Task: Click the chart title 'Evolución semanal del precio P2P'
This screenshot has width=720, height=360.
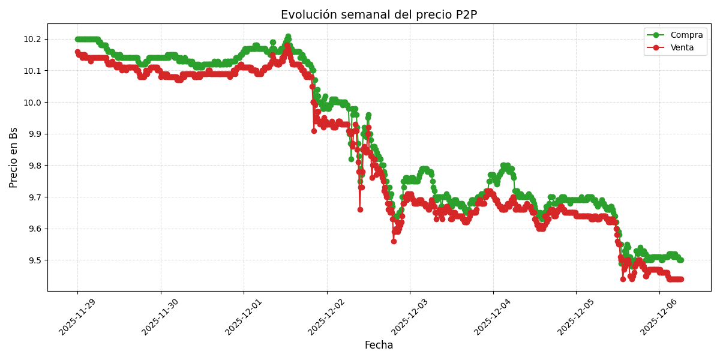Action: pos(379,15)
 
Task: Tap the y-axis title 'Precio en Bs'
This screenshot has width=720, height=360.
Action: pos(14,157)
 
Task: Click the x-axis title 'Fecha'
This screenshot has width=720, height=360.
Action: pos(379,345)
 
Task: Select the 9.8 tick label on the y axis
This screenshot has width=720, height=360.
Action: pos(33,166)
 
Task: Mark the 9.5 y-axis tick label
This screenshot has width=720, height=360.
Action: pos(33,260)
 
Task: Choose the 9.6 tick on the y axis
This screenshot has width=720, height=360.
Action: pos(33,229)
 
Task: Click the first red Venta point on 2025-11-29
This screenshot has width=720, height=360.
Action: pos(77,52)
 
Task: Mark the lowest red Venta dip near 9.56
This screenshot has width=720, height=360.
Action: pos(394,241)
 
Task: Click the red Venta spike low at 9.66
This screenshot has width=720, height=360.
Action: pos(360,209)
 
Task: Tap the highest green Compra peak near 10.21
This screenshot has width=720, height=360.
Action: pos(288,37)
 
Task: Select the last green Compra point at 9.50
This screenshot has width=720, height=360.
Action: pos(680,260)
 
